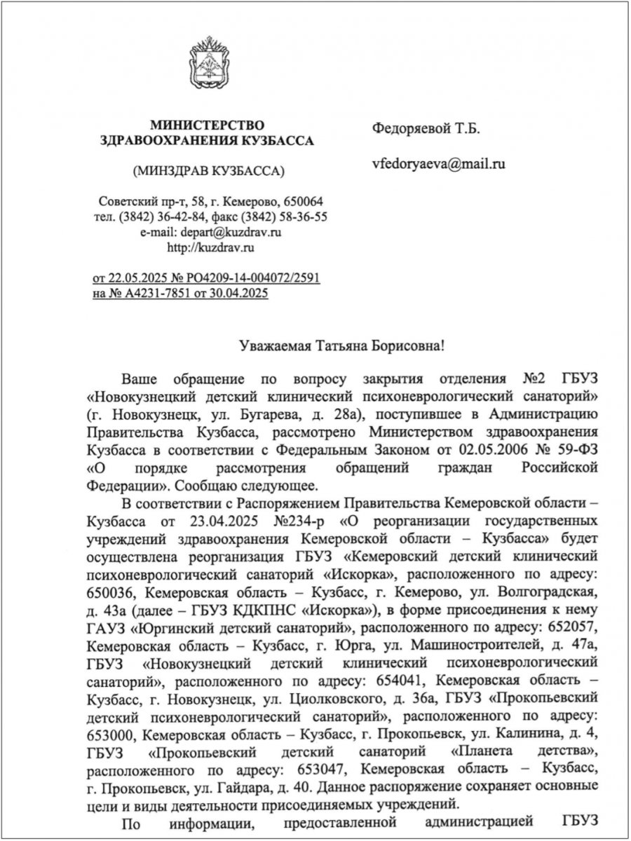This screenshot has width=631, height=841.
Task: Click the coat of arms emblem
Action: point(208,67)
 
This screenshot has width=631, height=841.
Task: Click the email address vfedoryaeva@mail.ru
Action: point(439,165)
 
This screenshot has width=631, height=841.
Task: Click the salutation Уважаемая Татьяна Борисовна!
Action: point(341,346)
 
